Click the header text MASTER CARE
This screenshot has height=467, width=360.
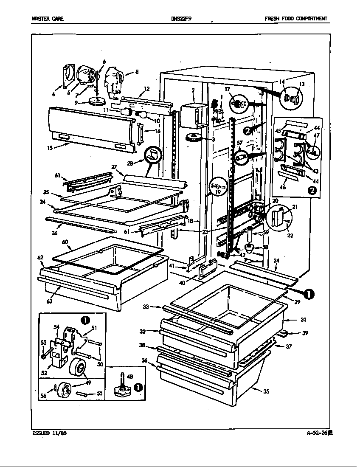[x=48, y=19]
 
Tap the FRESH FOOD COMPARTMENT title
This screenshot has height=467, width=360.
[x=295, y=19]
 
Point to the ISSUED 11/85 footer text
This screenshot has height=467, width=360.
[x=49, y=433]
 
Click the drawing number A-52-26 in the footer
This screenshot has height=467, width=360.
[x=319, y=433]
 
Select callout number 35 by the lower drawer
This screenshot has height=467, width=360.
[x=266, y=392]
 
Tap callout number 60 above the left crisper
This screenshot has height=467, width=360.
[x=65, y=242]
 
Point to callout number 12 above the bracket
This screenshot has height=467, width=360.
[x=147, y=89]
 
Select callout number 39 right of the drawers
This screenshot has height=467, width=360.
[x=305, y=333]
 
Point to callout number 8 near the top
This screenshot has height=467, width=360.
[x=136, y=72]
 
